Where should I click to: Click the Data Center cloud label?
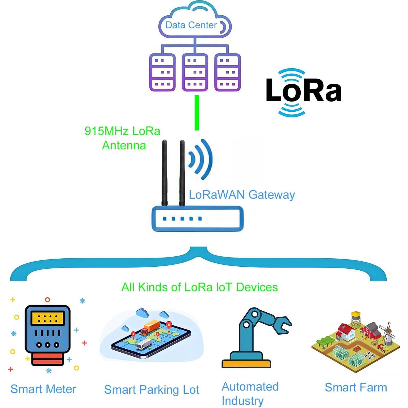(x=191, y=25)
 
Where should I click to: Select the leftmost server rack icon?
(x=162, y=73)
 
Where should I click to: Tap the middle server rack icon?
(x=195, y=73)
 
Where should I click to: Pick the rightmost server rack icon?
(x=227, y=73)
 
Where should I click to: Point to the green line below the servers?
(x=197, y=113)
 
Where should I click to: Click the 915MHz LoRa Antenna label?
(x=123, y=138)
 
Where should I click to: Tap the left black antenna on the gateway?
(x=164, y=173)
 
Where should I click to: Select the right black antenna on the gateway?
(x=182, y=173)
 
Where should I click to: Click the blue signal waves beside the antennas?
(x=201, y=159)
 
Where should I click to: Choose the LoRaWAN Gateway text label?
(x=242, y=195)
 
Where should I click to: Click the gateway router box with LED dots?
(x=197, y=219)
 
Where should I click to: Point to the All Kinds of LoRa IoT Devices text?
(x=199, y=287)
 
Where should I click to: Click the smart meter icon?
(x=47, y=334)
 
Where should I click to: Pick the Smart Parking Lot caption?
(x=151, y=390)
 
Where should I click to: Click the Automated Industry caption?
(x=250, y=393)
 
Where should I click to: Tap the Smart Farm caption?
(x=356, y=388)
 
